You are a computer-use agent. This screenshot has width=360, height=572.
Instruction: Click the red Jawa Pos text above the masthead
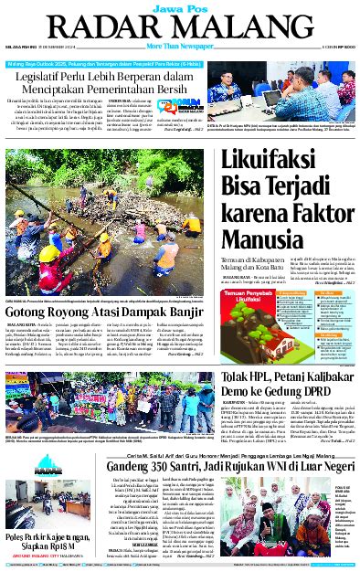click(178, 6)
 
